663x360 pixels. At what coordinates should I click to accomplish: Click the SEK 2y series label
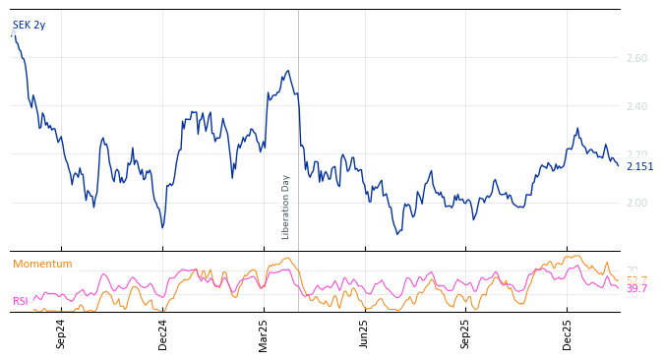(x=29, y=25)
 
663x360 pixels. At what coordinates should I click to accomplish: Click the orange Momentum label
(x=42, y=264)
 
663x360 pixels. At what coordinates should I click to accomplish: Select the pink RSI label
(x=20, y=301)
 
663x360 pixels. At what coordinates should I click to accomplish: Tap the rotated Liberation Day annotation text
(x=286, y=207)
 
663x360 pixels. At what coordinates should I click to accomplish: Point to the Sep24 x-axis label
(x=61, y=333)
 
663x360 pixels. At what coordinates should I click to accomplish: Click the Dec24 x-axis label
(x=162, y=333)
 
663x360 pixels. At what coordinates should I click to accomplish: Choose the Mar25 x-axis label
(x=263, y=333)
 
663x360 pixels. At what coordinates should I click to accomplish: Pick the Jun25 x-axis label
(x=364, y=333)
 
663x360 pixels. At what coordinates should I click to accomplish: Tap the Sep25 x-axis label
(x=465, y=333)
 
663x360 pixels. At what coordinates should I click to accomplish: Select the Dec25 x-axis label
(x=567, y=333)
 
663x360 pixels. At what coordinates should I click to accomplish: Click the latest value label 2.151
(x=639, y=166)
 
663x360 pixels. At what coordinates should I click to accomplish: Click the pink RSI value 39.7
(x=636, y=289)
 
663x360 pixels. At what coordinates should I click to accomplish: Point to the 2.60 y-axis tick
(x=636, y=59)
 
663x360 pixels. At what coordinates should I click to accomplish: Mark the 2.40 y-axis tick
(x=636, y=107)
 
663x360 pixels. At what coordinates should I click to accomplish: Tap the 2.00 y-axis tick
(x=636, y=204)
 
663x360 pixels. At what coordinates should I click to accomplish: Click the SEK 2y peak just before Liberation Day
(x=287, y=71)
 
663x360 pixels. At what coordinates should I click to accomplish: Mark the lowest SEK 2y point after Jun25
(x=397, y=234)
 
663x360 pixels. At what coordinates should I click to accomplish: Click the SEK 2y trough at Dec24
(x=162, y=227)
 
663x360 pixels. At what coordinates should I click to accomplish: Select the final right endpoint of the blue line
(x=619, y=165)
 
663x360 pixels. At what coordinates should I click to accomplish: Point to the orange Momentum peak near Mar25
(x=286, y=259)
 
